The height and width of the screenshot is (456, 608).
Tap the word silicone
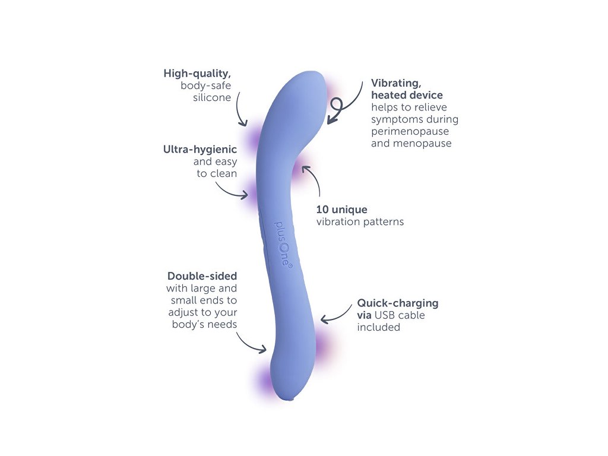tap(212, 97)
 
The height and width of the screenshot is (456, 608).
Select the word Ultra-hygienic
tap(200, 150)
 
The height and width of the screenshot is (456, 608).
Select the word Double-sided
tap(202, 276)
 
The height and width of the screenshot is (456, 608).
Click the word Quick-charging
tap(398, 303)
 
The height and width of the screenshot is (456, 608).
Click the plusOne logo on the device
tap(284, 245)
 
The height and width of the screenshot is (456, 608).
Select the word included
tap(378, 327)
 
